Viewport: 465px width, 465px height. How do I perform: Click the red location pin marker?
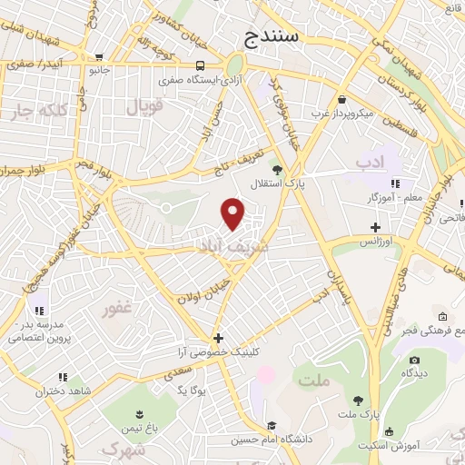[233, 214]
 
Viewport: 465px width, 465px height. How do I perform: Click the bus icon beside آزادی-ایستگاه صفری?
[200, 64]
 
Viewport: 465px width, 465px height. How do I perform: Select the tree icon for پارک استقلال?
[278, 169]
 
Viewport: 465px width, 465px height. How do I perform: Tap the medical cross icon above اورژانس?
[376, 227]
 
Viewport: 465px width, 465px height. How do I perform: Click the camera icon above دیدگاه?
[413, 360]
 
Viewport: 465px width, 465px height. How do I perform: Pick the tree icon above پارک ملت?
[359, 400]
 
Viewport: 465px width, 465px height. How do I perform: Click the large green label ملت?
[313, 382]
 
